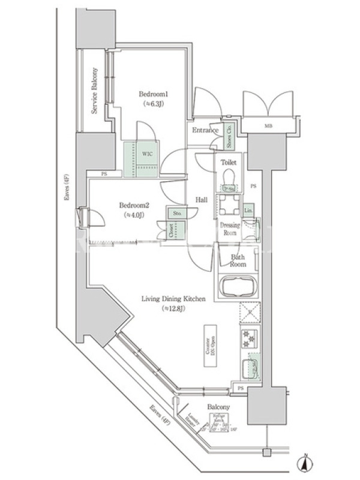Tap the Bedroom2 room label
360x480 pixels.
click(x=136, y=209)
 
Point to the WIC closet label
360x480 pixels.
click(x=147, y=154)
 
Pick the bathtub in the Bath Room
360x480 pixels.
click(x=236, y=286)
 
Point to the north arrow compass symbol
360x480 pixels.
click(x=306, y=463)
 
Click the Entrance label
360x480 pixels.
click(x=205, y=130)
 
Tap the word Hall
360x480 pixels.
click(x=200, y=200)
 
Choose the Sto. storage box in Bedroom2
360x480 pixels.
click(x=178, y=212)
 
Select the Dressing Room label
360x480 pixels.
click(x=232, y=229)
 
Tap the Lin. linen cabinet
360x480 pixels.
click(x=248, y=210)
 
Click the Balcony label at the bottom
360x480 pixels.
click(x=217, y=407)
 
